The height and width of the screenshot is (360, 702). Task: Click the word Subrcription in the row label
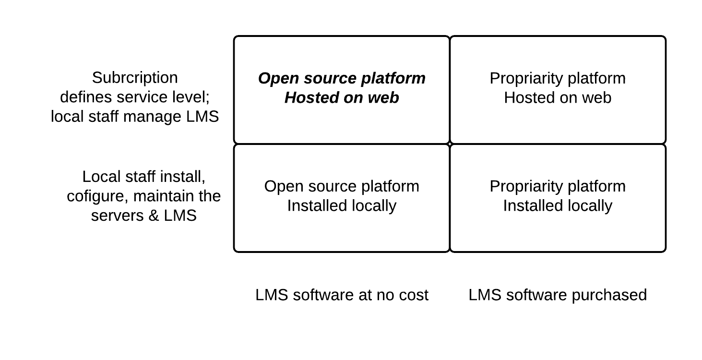pyautogui.click(x=134, y=78)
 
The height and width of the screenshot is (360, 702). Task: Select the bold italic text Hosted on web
pyautogui.click(x=342, y=97)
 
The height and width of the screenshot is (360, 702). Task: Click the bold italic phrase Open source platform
pyautogui.click(x=342, y=78)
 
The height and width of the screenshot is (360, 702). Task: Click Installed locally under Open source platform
pyautogui.click(x=342, y=205)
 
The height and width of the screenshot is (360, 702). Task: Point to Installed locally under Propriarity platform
pyautogui.click(x=558, y=205)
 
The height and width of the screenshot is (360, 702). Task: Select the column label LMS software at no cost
pyautogui.click(x=342, y=295)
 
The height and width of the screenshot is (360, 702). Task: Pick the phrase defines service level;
pyautogui.click(x=135, y=97)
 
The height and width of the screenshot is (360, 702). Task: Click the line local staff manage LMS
pyautogui.click(x=135, y=116)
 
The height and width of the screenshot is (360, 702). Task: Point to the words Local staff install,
pyautogui.click(x=144, y=177)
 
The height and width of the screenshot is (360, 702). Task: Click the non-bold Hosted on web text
pyautogui.click(x=558, y=97)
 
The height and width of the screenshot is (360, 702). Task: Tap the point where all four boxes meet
pyautogui.click(x=450, y=144)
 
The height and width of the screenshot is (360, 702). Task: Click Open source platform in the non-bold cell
pyautogui.click(x=342, y=186)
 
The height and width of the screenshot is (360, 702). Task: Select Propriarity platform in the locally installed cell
pyautogui.click(x=558, y=186)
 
